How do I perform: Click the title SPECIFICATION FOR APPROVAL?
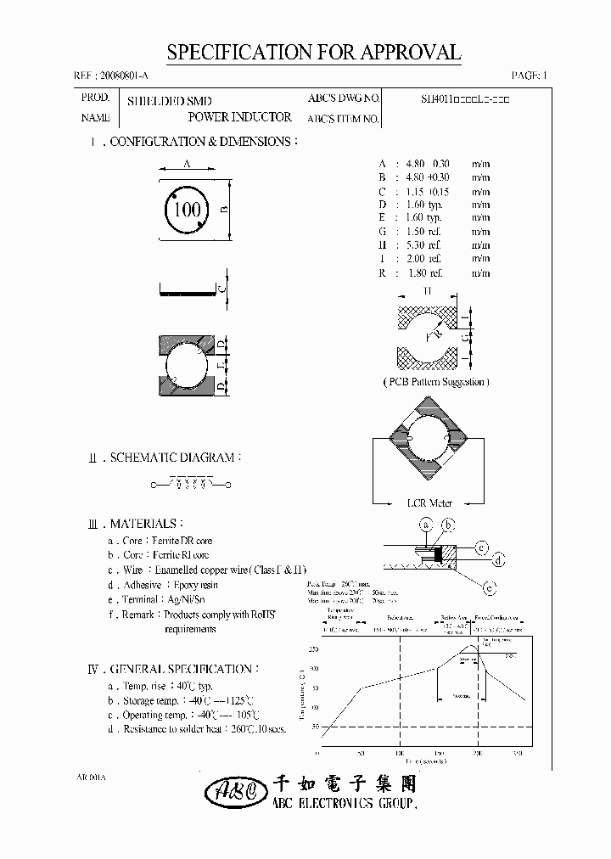click(x=313, y=53)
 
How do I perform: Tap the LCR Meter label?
click(x=429, y=503)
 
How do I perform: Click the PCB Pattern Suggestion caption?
click(x=434, y=382)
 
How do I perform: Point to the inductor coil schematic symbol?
click(x=191, y=485)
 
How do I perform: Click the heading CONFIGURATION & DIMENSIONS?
click(x=204, y=142)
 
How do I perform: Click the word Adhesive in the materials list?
click(x=143, y=585)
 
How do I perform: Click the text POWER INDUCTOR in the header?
click(x=239, y=117)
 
